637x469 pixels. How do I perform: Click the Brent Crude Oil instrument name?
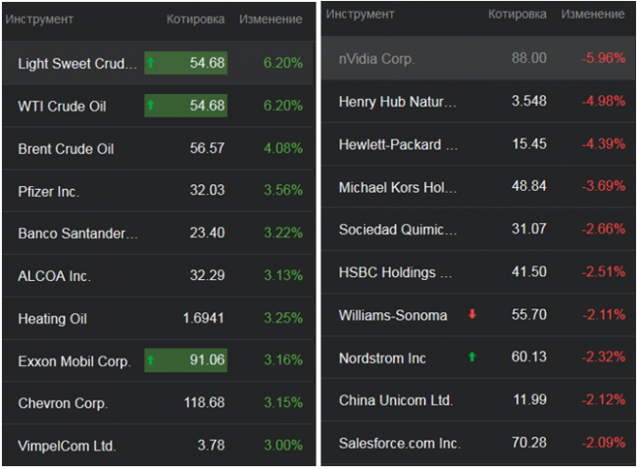[x=66, y=149]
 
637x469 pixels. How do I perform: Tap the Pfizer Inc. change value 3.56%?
[x=283, y=191]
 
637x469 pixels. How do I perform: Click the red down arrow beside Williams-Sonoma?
[x=472, y=315]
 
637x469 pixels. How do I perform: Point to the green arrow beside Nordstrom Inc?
[x=472, y=357]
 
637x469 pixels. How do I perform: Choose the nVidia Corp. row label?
[x=376, y=59]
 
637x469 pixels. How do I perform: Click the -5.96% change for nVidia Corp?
[x=603, y=59]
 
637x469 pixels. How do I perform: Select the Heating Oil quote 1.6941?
[x=204, y=318]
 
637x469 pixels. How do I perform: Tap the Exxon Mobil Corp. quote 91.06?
[x=208, y=361]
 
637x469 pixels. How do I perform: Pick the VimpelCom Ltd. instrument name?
[x=67, y=446]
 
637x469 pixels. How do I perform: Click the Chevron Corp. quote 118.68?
[x=204, y=403]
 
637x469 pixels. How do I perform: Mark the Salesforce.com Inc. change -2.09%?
[x=603, y=444]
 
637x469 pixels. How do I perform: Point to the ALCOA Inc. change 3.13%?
[x=283, y=276]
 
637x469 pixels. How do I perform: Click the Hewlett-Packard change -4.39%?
[x=603, y=144]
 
